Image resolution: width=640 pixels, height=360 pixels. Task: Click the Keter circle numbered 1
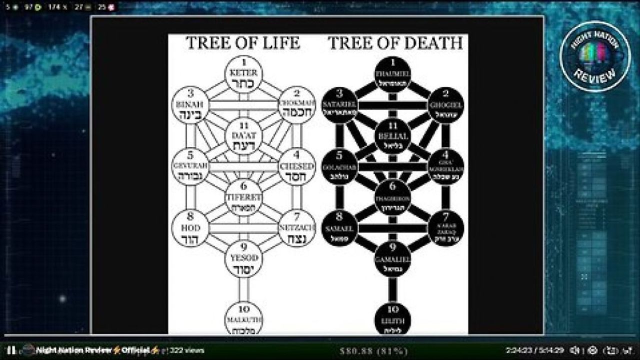coord(243,73)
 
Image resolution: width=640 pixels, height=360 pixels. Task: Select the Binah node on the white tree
coord(189,105)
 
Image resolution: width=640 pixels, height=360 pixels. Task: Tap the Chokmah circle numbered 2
coord(296,105)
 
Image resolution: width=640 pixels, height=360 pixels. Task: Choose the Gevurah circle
coord(189,167)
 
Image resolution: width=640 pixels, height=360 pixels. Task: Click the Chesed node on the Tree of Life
coord(296,167)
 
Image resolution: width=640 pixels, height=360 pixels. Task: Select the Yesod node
coord(243,259)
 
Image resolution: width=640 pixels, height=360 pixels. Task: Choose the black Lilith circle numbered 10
coord(392,319)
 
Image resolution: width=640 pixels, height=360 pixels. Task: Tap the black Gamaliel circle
coord(392,259)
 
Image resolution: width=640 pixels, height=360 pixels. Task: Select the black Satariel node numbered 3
coord(339,105)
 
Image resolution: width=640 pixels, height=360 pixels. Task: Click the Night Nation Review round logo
coord(595,56)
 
